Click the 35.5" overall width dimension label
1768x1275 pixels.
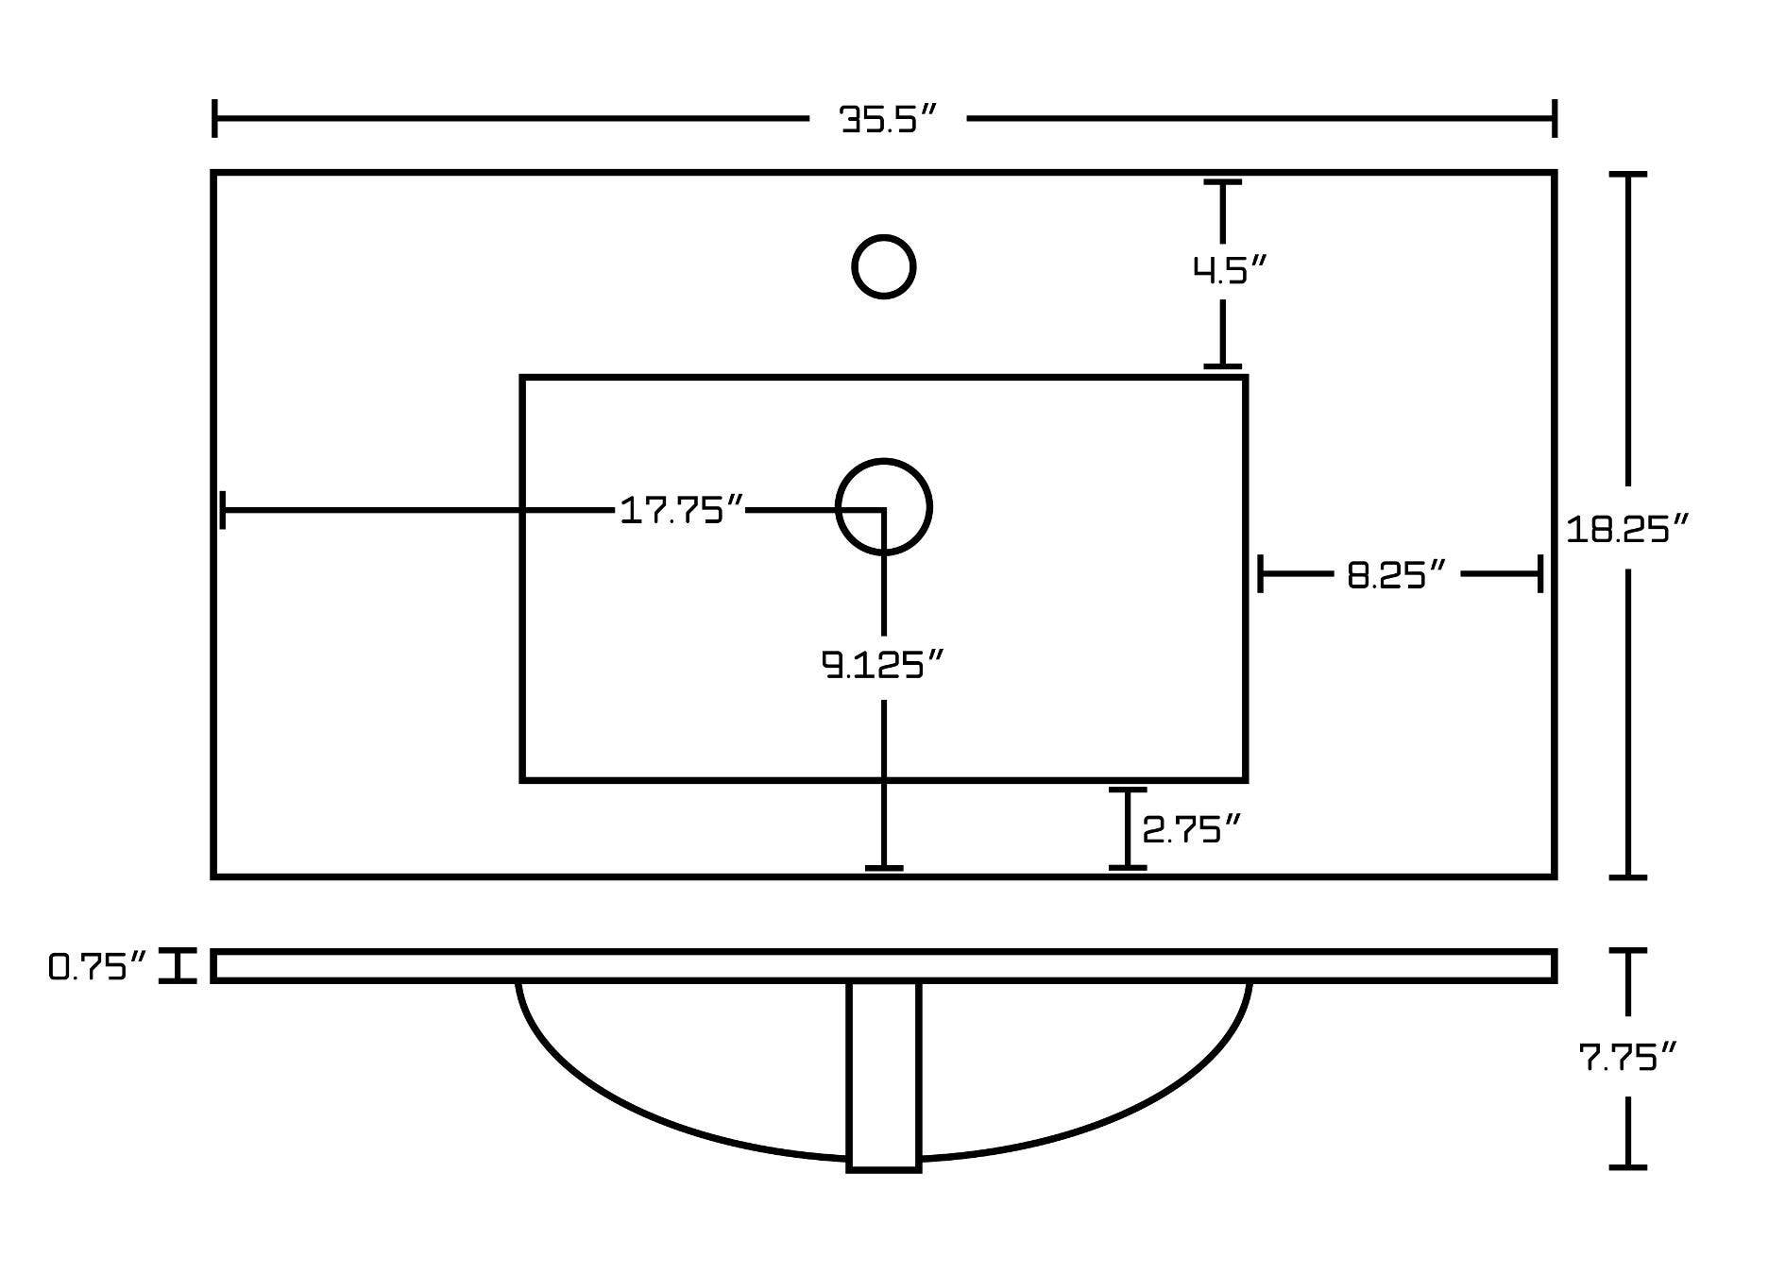pyautogui.click(x=888, y=120)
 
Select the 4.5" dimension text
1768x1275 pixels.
pyautogui.click(x=1229, y=270)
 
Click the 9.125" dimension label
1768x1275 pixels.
pyautogui.click(x=883, y=666)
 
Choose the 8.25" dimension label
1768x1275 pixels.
pyautogui.click(x=1396, y=574)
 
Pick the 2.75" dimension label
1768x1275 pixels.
pyautogui.click(x=1190, y=830)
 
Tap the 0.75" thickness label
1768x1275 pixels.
pyautogui.click(x=97, y=967)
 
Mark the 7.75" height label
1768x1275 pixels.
pyautogui.click(x=1628, y=1057)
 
